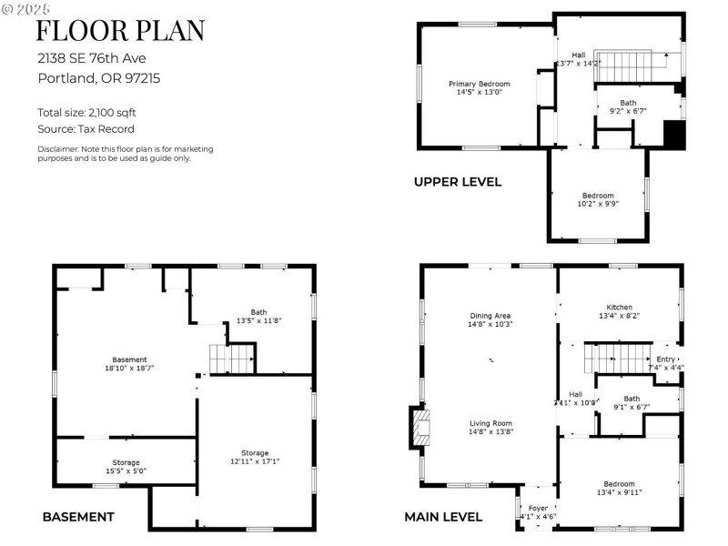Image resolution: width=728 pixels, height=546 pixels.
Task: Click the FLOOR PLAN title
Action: coord(120,30)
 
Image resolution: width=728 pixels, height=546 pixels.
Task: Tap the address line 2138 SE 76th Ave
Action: coord(92,56)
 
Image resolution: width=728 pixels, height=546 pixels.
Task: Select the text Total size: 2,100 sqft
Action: coord(86,113)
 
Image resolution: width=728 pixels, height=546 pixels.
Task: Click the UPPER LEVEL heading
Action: coord(458,182)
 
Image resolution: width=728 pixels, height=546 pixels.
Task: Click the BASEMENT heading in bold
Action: coord(78,517)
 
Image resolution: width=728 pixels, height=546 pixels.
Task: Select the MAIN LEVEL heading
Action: coord(443,517)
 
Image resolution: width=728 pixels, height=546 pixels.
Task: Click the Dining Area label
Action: coord(490,319)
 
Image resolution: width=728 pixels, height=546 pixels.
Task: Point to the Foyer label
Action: coord(537,511)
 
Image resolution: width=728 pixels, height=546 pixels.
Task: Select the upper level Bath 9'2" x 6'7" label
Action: coord(628,106)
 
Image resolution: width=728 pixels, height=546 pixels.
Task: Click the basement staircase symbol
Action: coord(230,359)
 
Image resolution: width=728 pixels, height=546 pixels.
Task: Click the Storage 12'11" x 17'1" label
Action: coord(255,457)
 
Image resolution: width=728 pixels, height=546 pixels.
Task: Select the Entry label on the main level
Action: coord(666,363)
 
